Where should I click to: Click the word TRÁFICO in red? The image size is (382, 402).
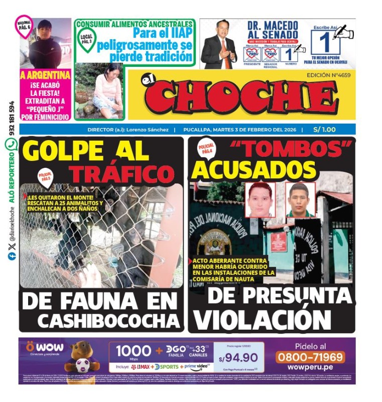click(x=121, y=174)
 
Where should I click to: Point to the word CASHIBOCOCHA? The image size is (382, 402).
click(x=109, y=320)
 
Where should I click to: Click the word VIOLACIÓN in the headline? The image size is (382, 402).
click(x=263, y=320)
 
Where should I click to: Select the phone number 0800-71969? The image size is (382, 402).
click(x=310, y=357)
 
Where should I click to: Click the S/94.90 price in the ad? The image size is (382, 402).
click(x=238, y=357)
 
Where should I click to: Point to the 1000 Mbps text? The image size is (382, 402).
click(x=134, y=351)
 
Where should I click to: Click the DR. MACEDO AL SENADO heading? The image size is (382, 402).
click(x=273, y=32)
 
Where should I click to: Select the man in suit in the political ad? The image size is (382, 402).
click(x=219, y=45)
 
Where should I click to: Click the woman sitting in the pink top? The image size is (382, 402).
click(x=108, y=90)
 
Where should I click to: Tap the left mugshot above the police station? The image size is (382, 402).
click(x=260, y=199)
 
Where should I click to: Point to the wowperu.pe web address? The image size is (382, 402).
click(x=310, y=370)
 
